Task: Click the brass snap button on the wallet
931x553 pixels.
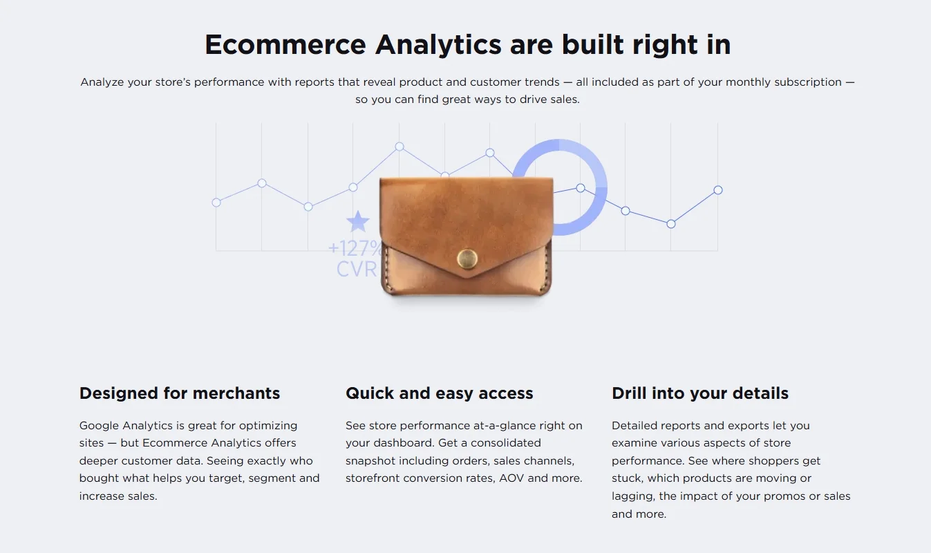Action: [x=467, y=259]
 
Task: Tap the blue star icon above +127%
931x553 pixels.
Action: [x=358, y=222]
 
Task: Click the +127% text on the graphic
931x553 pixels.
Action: [x=354, y=247]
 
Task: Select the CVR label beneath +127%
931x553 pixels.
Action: [x=356, y=269]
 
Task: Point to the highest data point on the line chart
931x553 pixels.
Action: [x=399, y=147]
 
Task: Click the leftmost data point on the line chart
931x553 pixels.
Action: [x=216, y=203]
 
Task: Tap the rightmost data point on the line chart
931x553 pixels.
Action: [x=718, y=190]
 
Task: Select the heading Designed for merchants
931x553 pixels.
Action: [x=180, y=393]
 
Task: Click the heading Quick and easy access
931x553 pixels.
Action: [x=440, y=393]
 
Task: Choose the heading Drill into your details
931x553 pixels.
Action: [x=700, y=393]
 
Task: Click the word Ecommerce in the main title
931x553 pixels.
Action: [x=285, y=45]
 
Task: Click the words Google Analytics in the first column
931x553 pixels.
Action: [x=133, y=425]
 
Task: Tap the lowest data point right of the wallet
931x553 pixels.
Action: [x=671, y=224]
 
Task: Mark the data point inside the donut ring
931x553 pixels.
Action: [x=581, y=188]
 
